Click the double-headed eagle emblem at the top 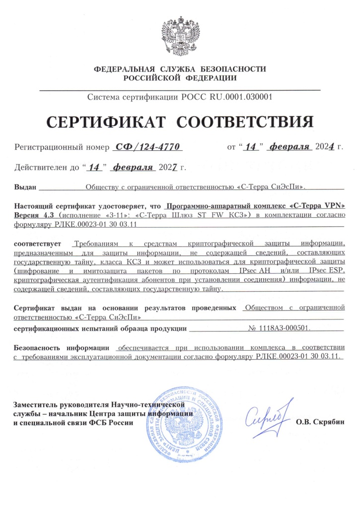[180, 35]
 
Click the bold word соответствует [37, 244]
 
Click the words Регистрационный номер [61, 147]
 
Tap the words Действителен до [47, 168]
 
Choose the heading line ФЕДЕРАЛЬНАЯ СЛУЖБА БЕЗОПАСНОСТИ [180, 69]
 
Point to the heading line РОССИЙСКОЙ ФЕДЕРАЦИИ [180, 78]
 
